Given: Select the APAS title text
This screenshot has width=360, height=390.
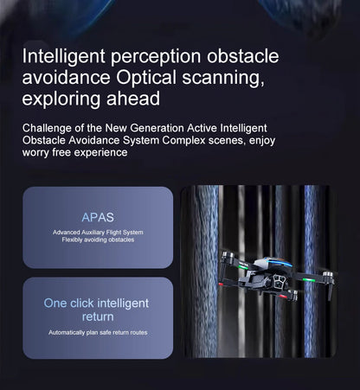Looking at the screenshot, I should coord(98,216).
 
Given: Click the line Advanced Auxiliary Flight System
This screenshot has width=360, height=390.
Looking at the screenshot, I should coord(98,233).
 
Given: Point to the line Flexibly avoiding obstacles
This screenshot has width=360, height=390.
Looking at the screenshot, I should coord(98,240).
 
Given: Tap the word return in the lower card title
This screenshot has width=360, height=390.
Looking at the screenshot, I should coord(97,316).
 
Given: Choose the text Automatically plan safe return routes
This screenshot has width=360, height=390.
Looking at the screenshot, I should coord(97,333).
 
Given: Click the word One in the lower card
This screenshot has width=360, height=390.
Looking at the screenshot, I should coord(55,303).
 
